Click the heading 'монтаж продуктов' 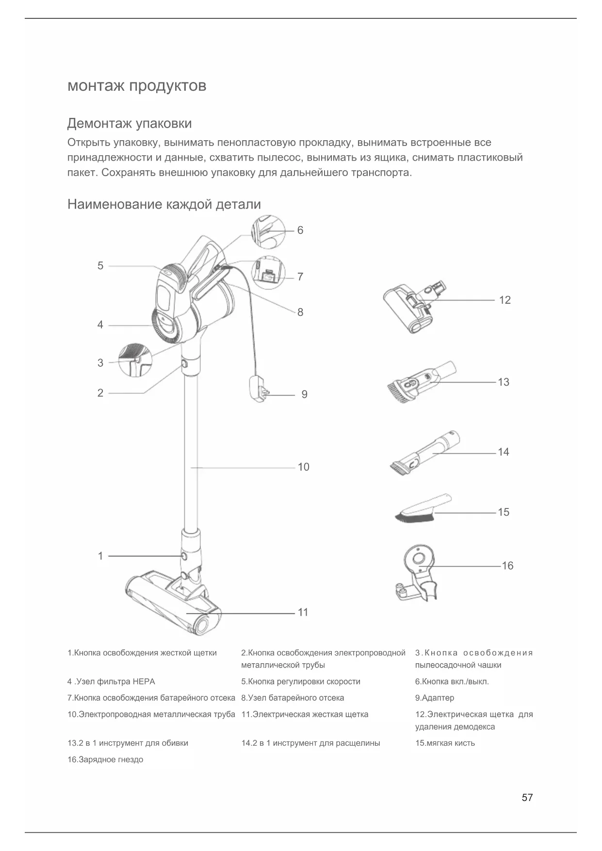137,86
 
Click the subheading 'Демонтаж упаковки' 129,124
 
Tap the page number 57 527,798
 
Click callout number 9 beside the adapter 304,394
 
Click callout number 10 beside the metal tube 303,467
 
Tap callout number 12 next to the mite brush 504,300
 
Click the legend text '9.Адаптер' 435,698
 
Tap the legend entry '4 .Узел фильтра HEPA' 111,682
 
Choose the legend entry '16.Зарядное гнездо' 105,760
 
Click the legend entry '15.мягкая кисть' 445,743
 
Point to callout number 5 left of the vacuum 100,266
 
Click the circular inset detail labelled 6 267,232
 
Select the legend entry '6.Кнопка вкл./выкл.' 452,682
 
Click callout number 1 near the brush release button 100,556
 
